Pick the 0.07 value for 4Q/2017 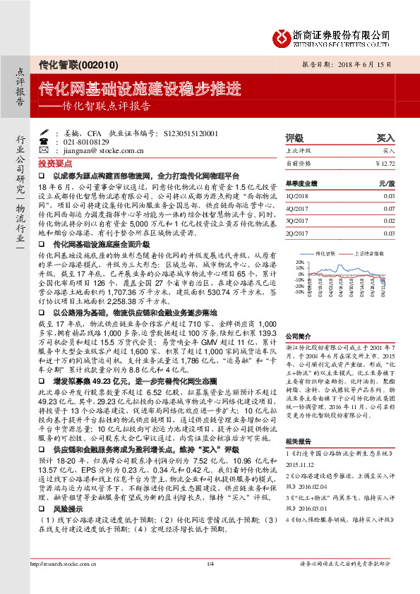389,210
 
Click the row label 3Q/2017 296,220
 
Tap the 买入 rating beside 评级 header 386,138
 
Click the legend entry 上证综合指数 368,251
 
